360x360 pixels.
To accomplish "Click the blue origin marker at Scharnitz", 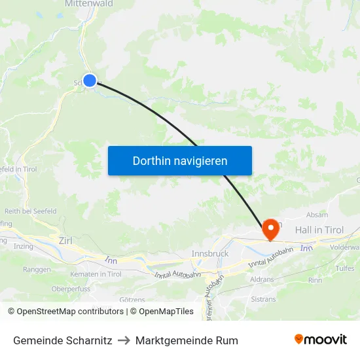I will tap(90, 81).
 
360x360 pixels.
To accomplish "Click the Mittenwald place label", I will tap(88, 4).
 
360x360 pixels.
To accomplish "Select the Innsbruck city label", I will tap(209, 253).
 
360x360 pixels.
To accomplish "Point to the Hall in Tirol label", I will tap(319, 230).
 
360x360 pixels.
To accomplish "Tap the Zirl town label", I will tap(65, 241).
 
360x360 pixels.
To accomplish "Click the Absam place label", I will tap(317, 215).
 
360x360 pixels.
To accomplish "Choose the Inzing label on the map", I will tap(23, 247).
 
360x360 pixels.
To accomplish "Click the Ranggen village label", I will tap(37, 269).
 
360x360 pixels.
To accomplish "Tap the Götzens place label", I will tap(132, 299).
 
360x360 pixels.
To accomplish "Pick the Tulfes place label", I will tap(344, 268).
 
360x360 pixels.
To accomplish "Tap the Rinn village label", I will tap(315, 279).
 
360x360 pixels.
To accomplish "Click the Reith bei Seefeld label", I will tap(30, 211).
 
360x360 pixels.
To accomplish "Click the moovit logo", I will tap(321, 340).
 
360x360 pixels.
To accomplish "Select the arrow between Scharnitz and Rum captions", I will tap(124, 340).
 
